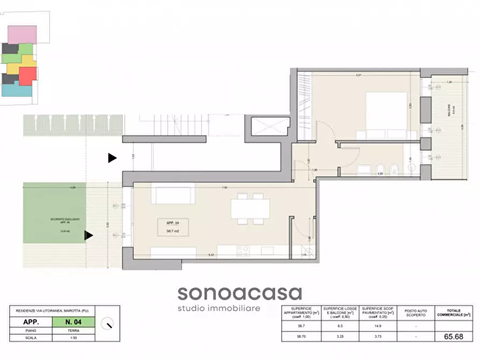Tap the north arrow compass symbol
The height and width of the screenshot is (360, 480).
(109, 323)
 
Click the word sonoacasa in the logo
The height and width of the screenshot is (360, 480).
(240, 293)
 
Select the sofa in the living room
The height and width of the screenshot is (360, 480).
(173, 193)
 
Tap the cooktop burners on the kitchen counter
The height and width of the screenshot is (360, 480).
(242, 250)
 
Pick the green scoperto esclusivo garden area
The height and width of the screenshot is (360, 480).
(54, 213)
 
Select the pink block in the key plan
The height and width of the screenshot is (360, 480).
(23, 34)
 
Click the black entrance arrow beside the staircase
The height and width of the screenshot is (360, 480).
(112, 158)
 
